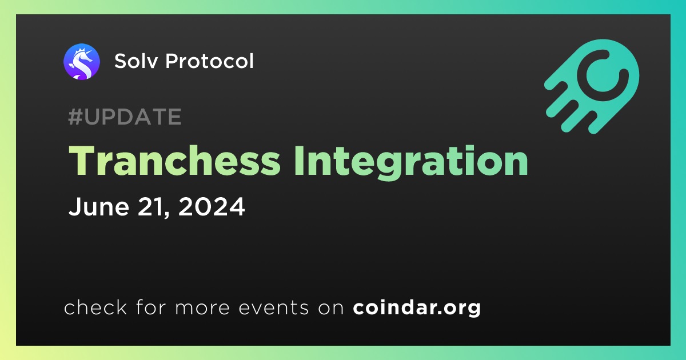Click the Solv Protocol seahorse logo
[81, 62]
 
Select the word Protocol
[209, 61]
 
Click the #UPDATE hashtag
[125, 117]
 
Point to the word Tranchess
[174, 161]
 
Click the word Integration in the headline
[411, 163]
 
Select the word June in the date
[98, 207]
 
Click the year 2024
[212, 207]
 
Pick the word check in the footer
[95, 307]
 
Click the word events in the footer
[273, 307]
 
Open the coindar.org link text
[417, 307]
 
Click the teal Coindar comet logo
[592, 86]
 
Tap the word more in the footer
[202, 308]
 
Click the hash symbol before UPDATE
[75, 117]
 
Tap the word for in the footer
[151, 307]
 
